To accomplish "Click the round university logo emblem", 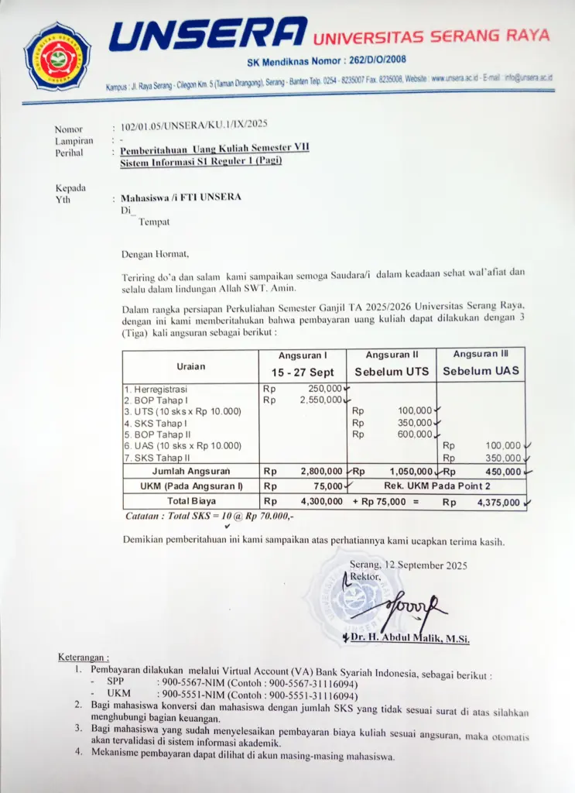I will pos(56,56).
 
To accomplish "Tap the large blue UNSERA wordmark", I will pos(207,35).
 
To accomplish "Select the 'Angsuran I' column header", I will pos(301,355).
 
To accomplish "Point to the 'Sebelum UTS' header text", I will pos(391,372).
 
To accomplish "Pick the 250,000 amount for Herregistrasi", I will pos(325,389).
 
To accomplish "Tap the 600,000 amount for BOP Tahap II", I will pos(415,434).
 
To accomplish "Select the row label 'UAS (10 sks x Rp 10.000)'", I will pos(183,446).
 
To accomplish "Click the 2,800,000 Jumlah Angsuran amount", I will pos(321,471).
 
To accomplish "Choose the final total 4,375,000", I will pos(498,502).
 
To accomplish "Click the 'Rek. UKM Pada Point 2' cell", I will pos(437,486).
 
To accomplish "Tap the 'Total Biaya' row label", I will pos(190,501).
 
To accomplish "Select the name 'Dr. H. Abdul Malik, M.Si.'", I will pos(410,638).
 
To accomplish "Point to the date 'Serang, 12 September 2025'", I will pos(409,565).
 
